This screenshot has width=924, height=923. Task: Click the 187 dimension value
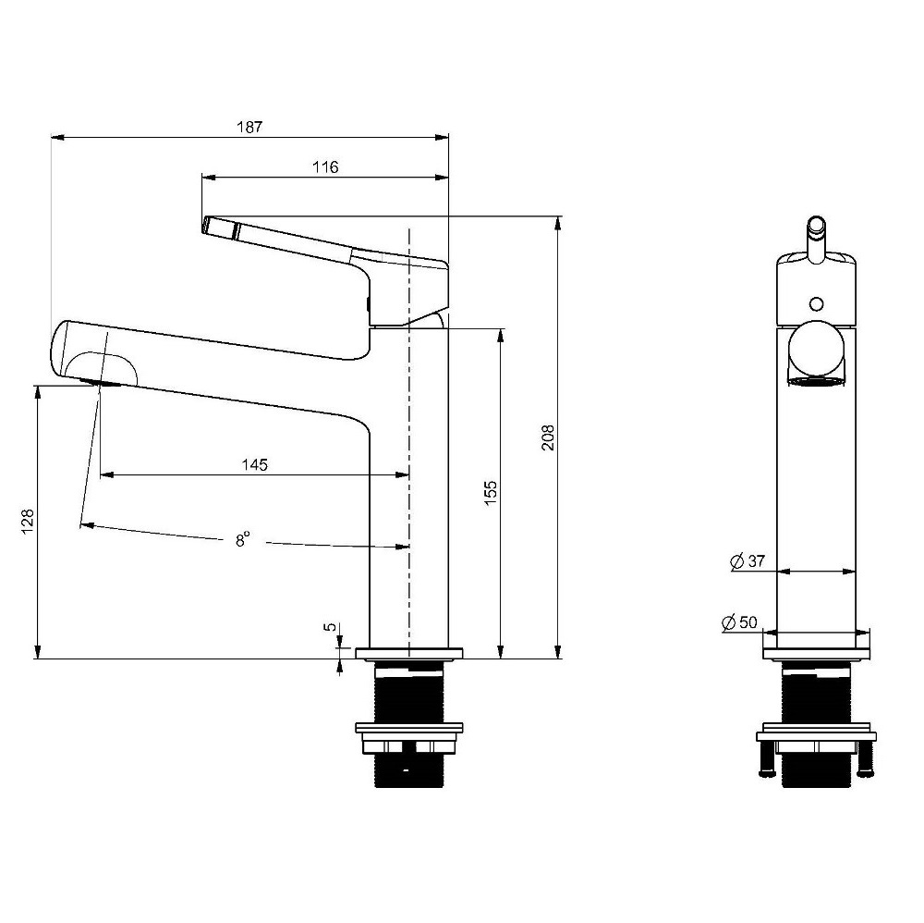click(249, 127)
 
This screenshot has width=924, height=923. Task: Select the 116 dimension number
click(325, 166)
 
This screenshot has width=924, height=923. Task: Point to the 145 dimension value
click(255, 465)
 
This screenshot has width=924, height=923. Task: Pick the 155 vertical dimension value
click(491, 492)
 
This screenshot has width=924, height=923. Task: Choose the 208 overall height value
click(548, 437)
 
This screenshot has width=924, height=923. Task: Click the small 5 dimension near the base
click(331, 627)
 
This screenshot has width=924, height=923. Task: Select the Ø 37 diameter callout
click(748, 560)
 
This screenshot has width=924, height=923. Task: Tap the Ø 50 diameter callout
click(739, 622)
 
